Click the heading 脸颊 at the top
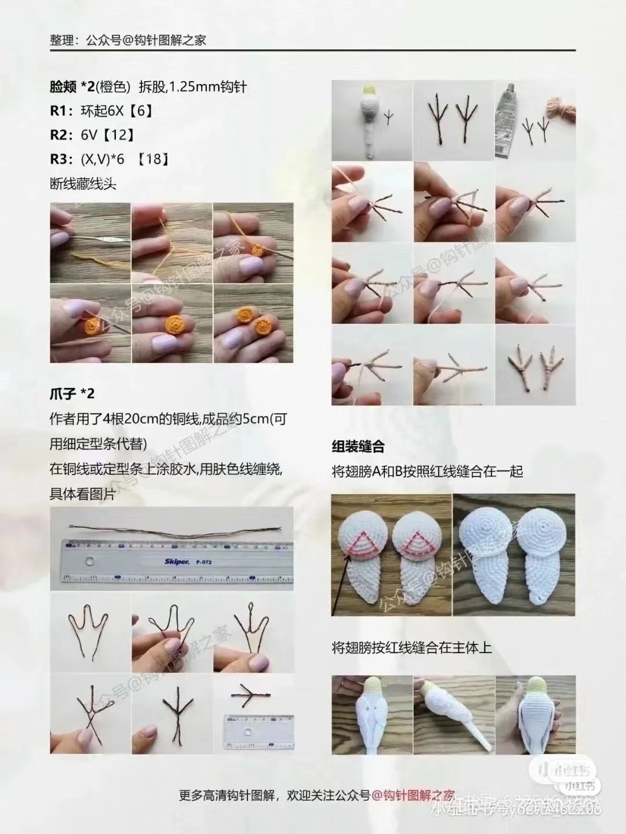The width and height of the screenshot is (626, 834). click(63, 87)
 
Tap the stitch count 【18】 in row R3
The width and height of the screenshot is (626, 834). click(153, 159)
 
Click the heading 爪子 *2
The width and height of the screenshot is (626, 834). click(72, 394)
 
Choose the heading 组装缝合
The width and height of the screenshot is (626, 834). click(358, 447)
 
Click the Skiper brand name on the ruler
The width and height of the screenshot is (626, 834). click(176, 561)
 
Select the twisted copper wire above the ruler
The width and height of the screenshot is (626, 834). click(174, 530)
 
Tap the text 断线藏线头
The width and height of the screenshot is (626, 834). click(83, 184)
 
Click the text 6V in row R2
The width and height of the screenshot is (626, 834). click(89, 135)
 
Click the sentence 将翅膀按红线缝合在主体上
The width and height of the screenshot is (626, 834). click(412, 647)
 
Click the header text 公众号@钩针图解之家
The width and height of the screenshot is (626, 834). click(145, 40)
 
